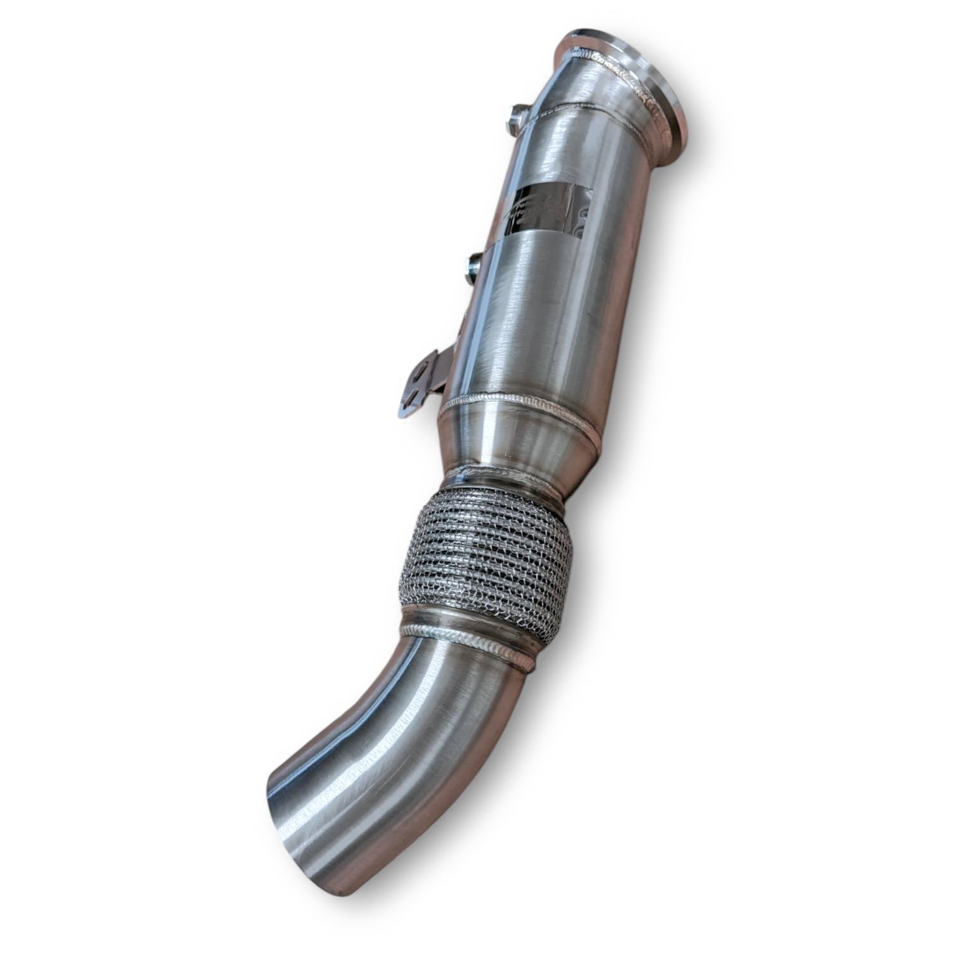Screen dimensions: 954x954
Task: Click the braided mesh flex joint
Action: pyautogui.click(x=483, y=553)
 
